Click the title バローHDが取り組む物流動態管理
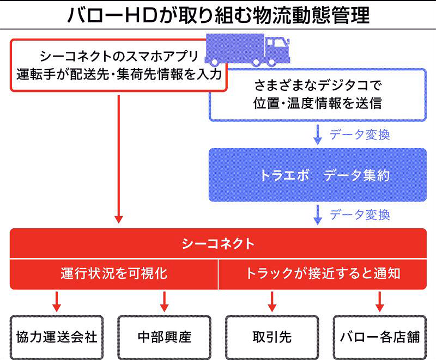(218, 15)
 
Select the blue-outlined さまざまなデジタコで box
(318, 95)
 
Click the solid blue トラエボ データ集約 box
(318, 175)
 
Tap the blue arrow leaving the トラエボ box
(318, 215)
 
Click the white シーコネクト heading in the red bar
(218, 243)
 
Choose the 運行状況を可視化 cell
(114, 273)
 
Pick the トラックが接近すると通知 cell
(323, 273)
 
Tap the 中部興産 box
(164, 337)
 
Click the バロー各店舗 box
(380, 337)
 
